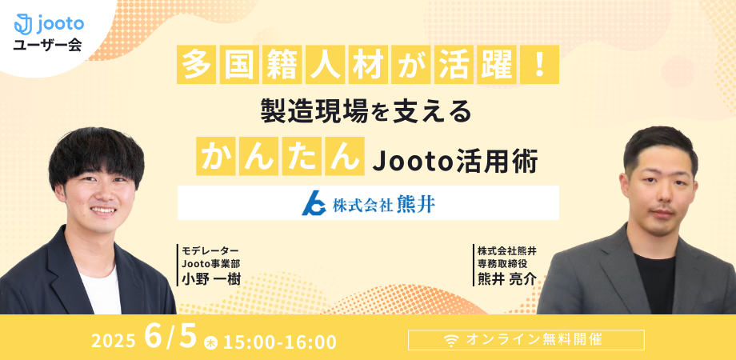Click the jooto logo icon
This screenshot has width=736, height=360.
pyautogui.click(x=23, y=24)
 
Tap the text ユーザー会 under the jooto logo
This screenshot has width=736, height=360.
pyautogui.click(x=48, y=46)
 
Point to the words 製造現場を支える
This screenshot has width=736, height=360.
pyautogui.click(x=366, y=112)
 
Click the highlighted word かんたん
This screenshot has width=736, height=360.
pyautogui.click(x=281, y=156)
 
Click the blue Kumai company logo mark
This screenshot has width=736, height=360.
pyautogui.click(x=314, y=202)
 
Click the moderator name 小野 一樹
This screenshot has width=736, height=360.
pyautogui.click(x=212, y=279)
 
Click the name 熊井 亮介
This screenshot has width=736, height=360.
pyautogui.click(x=506, y=279)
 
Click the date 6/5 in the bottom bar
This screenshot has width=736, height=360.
pyautogui.click(x=170, y=337)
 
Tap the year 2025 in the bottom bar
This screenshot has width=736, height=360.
pyautogui.click(x=114, y=342)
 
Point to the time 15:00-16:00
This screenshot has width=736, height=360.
pyautogui.click(x=280, y=342)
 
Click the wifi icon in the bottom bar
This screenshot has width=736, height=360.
pyautogui.click(x=451, y=341)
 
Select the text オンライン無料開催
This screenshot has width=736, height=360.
pyautogui.click(x=534, y=339)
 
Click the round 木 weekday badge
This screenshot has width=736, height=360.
pyautogui.click(x=210, y=343)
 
